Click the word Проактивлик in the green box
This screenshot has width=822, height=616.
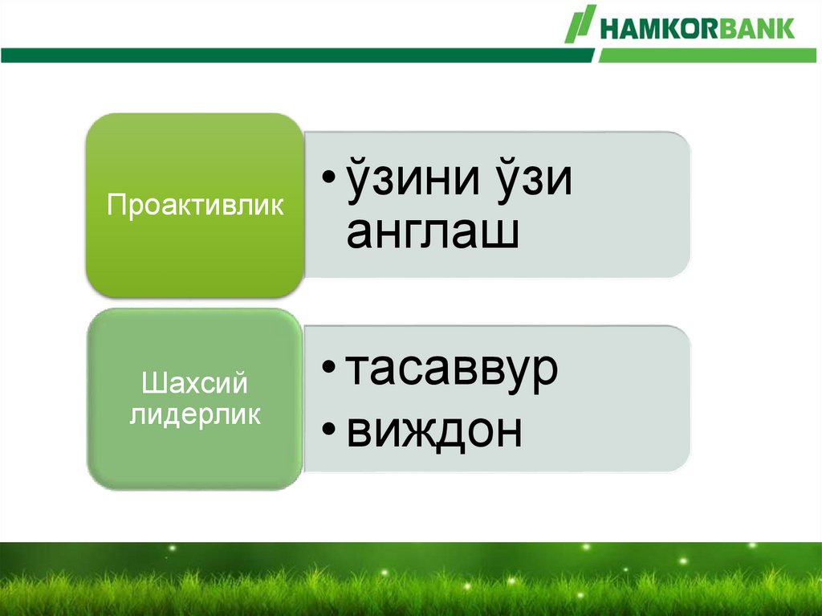195,205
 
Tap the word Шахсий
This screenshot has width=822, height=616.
194,382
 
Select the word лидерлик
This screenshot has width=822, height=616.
195,414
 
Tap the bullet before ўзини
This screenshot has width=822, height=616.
328,176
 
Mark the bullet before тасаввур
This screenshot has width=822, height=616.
328,367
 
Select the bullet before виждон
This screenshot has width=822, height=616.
328,429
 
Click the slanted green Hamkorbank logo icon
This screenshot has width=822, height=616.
580,23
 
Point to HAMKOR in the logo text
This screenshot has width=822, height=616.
659,28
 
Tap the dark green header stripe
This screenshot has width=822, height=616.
298,55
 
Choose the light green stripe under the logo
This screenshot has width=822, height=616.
708,55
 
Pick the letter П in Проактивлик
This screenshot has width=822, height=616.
116,204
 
